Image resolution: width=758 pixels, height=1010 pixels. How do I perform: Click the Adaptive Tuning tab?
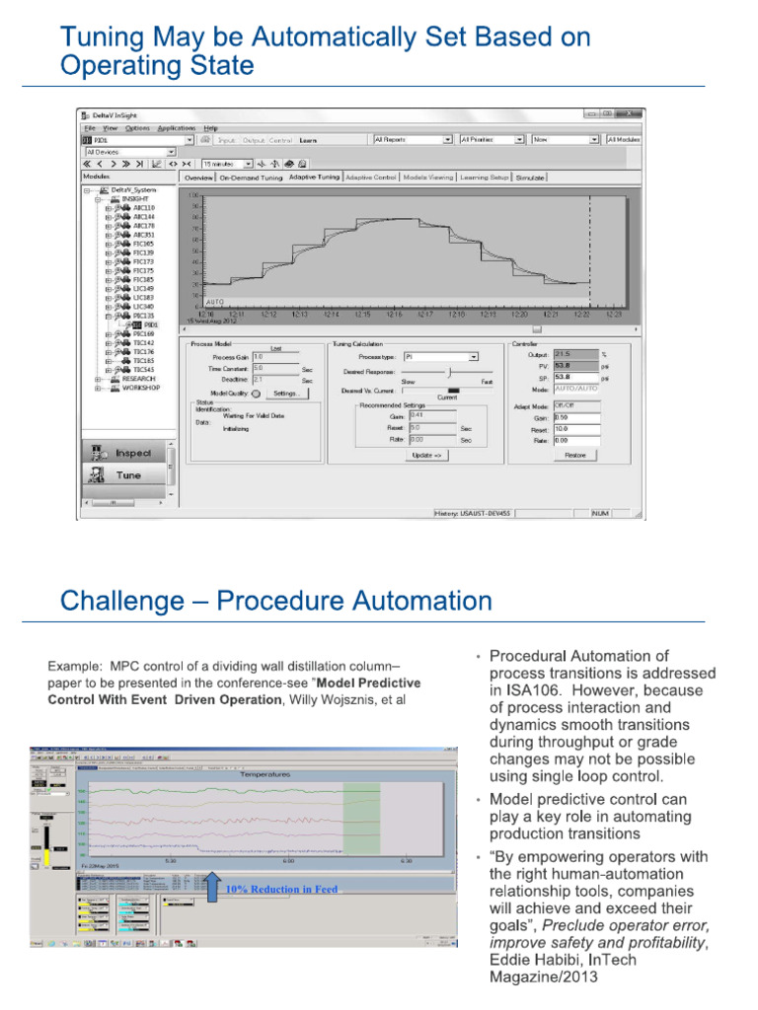pyautogui.click(x=313, y=178)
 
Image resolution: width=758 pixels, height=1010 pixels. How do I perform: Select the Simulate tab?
pyautogui.click(x=530, y=178)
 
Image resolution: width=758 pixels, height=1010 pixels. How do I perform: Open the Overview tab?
pyautogui.click(x=197, y=178)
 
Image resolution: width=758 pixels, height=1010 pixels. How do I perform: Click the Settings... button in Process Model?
pyautogui.click(x=288, y=393)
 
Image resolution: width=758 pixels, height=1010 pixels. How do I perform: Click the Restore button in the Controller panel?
pyautogui.click(x=576, y=456)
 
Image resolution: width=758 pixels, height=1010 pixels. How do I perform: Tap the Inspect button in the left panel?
pyautogui.click(x=126, y=453)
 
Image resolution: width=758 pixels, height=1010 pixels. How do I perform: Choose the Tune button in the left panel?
pyautogui.click(x=126, y=475)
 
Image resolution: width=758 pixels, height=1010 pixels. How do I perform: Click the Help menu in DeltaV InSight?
pyautogui.click(x=211, y=128)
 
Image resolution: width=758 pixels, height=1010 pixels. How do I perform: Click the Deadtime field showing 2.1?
pyautogui.click(x=275, y=378)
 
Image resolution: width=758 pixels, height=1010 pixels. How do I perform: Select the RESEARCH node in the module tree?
pyautogui.click(x=138, y=378)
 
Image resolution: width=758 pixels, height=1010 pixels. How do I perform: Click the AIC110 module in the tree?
pyautogui.click(x=142, y=208)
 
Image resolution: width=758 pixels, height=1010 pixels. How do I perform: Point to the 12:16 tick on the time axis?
pyautogui.click(x=394, y=315)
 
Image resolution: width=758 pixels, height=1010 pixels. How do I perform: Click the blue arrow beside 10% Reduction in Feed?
pyautogui.click(x=212, y=886)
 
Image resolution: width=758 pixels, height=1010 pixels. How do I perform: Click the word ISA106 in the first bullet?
pyautogui.click(x=521, y=690)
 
